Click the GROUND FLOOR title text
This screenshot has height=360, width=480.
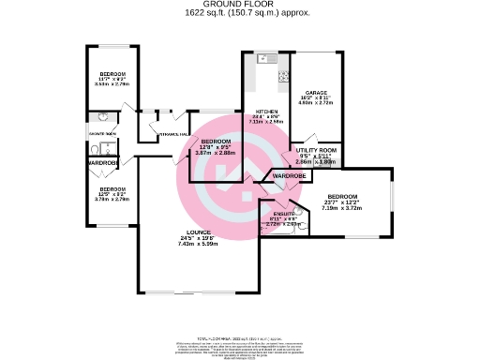pos(240,5)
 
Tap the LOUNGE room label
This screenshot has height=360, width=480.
pos(198,232)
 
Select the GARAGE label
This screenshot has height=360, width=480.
pos(314,93)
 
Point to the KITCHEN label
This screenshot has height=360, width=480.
pos(266,111)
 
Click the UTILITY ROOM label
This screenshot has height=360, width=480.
pos(315,150)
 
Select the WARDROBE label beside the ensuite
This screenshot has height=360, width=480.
pos(290,176)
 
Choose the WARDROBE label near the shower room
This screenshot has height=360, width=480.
pos(102,163)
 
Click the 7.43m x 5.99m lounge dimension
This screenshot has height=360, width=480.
pos(198,243)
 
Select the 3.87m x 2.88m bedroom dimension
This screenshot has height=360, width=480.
pos(215,153)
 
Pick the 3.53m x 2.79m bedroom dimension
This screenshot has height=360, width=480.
pos(112,84)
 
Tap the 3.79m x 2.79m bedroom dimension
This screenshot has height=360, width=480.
pos(112,200)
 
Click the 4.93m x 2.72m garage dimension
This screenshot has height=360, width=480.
pos(314,104)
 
